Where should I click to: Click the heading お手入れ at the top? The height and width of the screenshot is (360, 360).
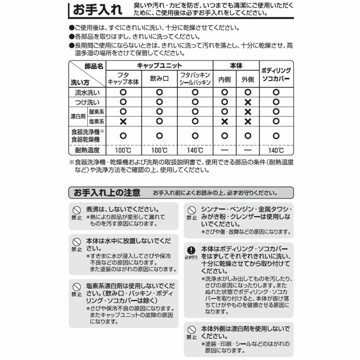click(98, 10)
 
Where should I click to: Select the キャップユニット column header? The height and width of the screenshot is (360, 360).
click(159, 66)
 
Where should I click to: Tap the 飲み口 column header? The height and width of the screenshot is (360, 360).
click(159, 79)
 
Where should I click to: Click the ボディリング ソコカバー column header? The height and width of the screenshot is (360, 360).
click(276, 74)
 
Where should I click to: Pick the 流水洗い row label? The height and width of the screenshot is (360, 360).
click(87, 93)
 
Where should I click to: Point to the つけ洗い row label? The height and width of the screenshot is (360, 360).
click(87, 102)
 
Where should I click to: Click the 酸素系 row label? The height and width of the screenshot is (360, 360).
click(97, 112)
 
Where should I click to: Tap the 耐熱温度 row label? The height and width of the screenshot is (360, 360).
click(87, 150)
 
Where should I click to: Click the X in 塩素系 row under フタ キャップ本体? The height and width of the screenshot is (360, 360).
click(123, 121)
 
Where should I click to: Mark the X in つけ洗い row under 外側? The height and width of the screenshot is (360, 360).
click(248, 102)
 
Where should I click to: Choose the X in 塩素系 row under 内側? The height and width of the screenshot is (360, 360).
click(225, 121)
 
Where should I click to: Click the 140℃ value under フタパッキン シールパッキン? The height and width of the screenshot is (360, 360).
click(195, 150)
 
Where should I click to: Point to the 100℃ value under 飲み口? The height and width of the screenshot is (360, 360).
click(159, 150)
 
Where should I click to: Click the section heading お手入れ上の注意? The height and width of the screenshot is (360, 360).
click(107, 193)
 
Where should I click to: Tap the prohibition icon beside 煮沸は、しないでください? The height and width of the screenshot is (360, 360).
click(77, 210)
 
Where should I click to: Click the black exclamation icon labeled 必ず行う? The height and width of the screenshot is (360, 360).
click(191, 250)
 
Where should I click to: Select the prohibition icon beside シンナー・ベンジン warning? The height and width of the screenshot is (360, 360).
click(192, 210)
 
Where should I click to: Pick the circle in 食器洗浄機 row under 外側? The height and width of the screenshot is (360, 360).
click(248, 136)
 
